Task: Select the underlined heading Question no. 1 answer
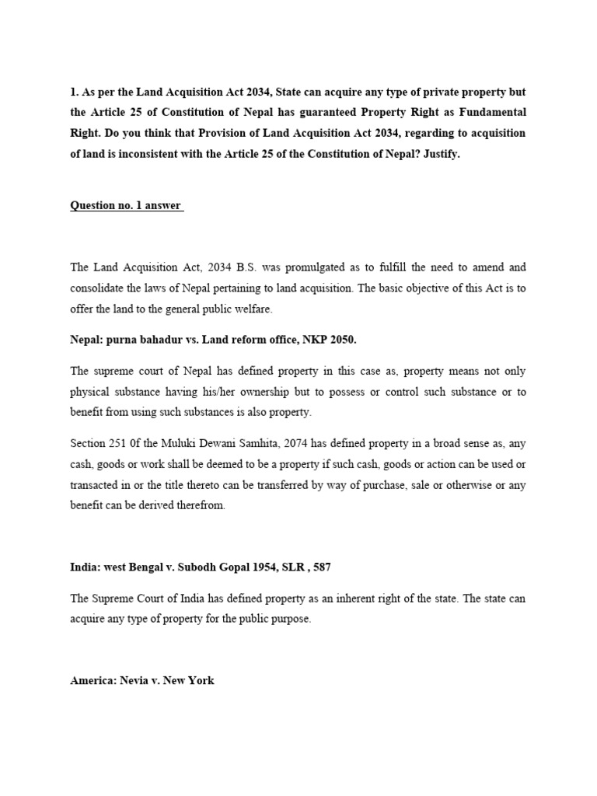coord(126,206)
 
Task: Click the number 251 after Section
coord(124,442)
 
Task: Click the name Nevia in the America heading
coord(134,680)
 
